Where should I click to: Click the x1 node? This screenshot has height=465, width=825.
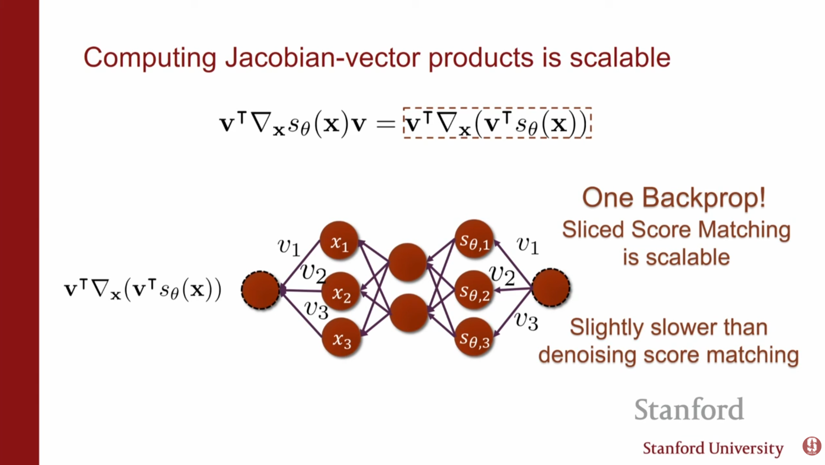click(339, 240)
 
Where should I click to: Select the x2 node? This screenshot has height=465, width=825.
click(341, 292)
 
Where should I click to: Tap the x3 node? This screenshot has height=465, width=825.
click(341, 338)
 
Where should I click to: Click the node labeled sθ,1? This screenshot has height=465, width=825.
click(474, 239)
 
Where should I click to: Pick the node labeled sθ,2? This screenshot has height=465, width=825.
click(474, 290)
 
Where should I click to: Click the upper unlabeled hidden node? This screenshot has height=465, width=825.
click(407, 262)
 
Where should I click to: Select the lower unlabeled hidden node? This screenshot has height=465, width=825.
click(408, 312)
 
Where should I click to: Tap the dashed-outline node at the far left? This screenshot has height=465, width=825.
click(261, 290)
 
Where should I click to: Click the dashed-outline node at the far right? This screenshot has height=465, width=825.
click(550, 288)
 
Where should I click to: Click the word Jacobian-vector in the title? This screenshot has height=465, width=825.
click(322, 57)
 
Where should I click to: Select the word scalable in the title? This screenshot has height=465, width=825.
click(620, 57)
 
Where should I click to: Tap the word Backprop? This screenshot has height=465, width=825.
click(703, 198)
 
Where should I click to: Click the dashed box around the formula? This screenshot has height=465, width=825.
click(497, 108)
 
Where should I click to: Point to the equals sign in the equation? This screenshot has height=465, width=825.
click(385, 124)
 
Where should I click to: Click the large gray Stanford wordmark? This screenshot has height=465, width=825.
click(689, 409)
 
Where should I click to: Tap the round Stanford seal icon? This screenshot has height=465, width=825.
click(812, 446)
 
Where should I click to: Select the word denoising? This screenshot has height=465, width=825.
click(587, 355)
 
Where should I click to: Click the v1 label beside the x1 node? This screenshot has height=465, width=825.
click(288, 247)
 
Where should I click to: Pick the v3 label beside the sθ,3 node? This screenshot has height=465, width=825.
click(526, 322)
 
